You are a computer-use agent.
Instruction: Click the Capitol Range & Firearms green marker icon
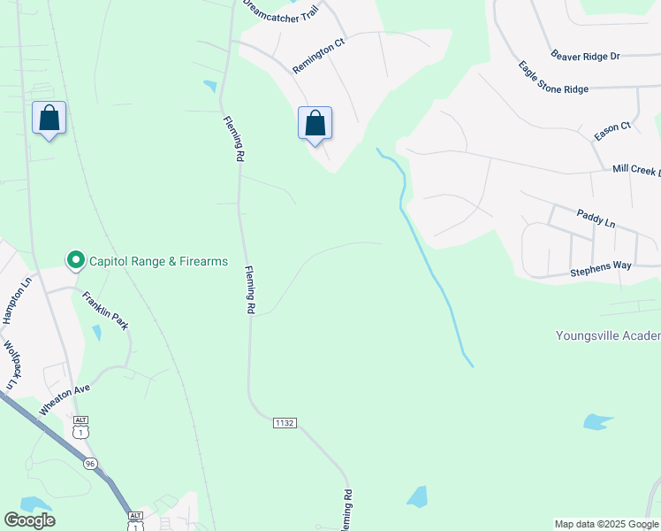tap(76, 260)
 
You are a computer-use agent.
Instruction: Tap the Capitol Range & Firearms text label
tap(156, 261)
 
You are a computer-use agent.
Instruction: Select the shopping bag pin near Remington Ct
tap(315, 124)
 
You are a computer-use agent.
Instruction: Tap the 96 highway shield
tap(90, 464)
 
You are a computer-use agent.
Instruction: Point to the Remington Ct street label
tap(317, 58)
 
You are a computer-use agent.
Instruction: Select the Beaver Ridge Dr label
tap(585, 55)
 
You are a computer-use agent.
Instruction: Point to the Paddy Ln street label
tap(596, 217)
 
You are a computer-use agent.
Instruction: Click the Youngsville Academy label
tap(608, 335)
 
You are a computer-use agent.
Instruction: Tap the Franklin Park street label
tap(105, 311)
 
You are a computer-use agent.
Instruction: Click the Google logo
tap(29, 519)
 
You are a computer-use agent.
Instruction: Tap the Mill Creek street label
tap(636, 169)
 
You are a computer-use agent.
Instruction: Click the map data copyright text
tap(606, 524)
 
